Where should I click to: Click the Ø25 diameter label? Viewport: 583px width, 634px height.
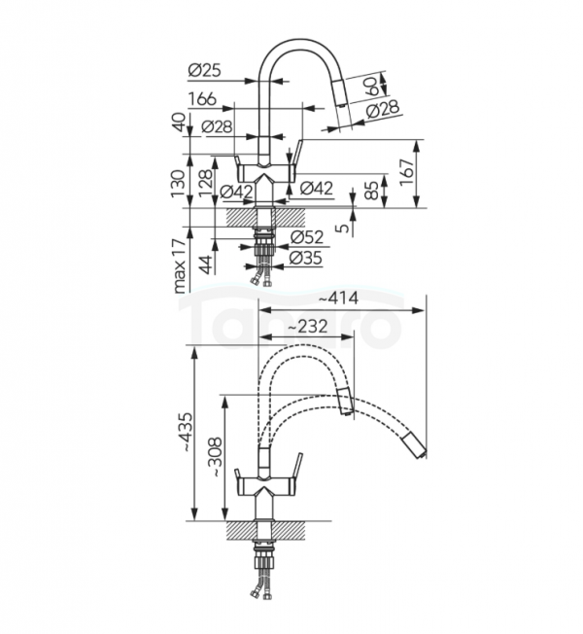tap(205, 70)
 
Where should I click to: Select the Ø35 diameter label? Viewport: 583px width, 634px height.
tap(306, 258)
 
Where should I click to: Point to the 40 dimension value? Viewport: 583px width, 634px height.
tap(178, 124)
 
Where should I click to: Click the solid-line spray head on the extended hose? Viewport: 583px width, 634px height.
tap(415, 448)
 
